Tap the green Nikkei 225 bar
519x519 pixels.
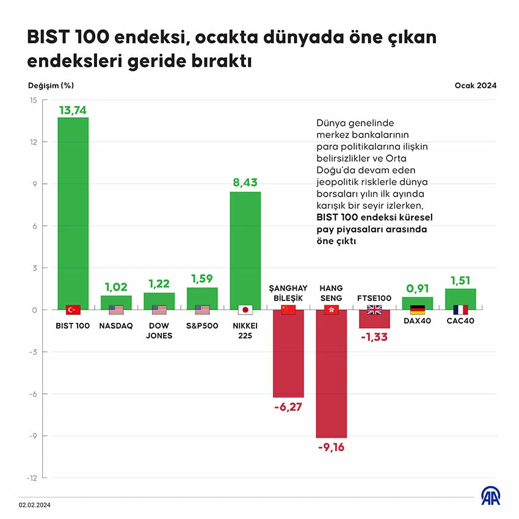point(245,244)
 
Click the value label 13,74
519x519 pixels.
point(73,110)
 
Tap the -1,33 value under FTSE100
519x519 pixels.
point(374,337)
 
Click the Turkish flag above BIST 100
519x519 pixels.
point(73,310)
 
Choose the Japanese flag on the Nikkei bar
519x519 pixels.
point(245,310)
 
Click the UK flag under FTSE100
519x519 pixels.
point(374,310)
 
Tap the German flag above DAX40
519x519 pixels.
point(418,310)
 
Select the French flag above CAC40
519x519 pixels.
point(460,310)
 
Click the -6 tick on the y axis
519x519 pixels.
point(34,394)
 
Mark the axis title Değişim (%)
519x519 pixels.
point(51,85)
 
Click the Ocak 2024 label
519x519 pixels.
point(475,85)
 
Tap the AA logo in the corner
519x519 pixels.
point(492,496)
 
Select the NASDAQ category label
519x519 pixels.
point(116,326)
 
